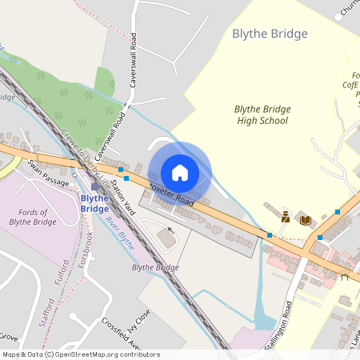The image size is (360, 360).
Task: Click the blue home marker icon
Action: coord(180,172)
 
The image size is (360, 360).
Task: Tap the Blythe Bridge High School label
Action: coord(262,114)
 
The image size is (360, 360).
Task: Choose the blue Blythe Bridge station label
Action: coord(95,203)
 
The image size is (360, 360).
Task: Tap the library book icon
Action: coord(305,219)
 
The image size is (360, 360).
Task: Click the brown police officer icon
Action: coord(285,216)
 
